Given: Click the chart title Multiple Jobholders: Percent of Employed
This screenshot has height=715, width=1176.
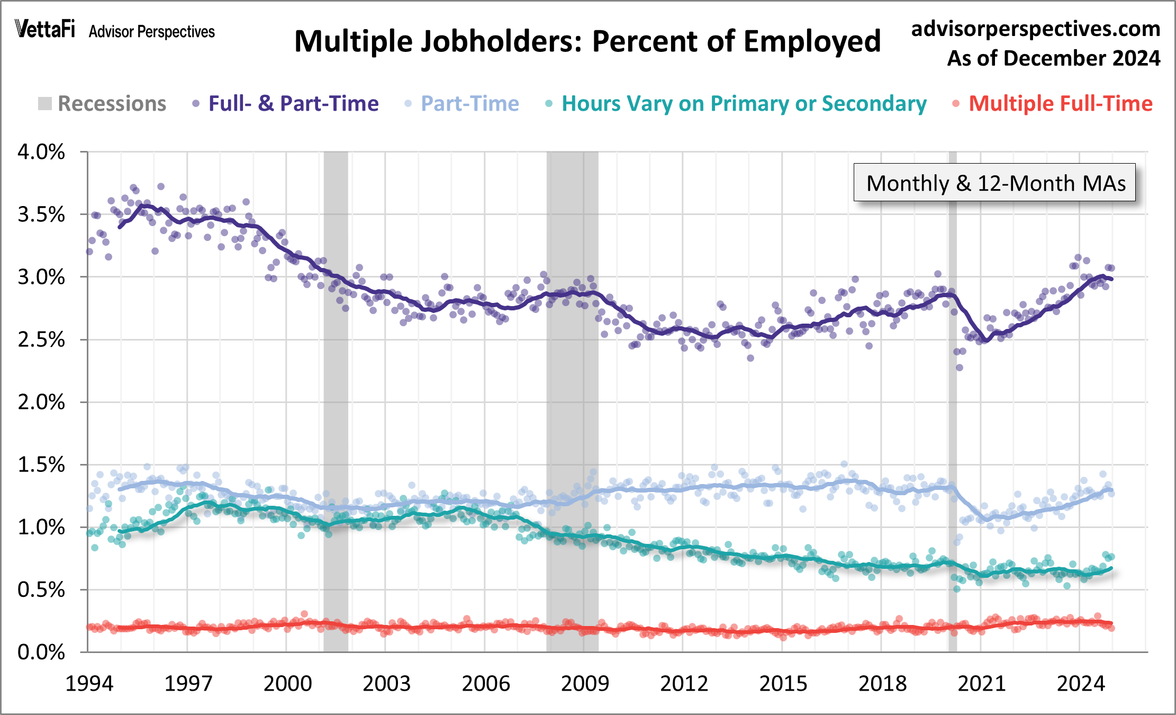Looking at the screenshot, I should tap(587, 41).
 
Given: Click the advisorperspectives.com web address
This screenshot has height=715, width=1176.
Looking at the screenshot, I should tap(1035, 29).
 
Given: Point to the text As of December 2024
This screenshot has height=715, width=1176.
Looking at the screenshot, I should tap(1053, 58).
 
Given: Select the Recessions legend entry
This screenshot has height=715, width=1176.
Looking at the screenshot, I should tap(102, 104).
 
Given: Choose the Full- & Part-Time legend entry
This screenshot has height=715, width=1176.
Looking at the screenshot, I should tap(285, 104).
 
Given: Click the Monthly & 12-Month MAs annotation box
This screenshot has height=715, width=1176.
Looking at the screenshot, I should tap(994, 183).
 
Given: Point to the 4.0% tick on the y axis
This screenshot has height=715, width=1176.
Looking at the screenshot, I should tap(41, 152).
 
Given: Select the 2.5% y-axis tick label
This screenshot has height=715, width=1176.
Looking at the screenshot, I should tap(41, 339).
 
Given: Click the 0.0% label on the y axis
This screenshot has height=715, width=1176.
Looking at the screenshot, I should tap(41, 652).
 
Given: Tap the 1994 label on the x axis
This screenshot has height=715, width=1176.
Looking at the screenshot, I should tap(89, 684).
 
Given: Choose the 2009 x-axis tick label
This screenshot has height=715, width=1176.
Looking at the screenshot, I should tap(584, 684).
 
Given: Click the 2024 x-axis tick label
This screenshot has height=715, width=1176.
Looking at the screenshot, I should tap(1080, 684).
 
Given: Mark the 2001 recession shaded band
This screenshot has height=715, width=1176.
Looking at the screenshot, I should tap(336, 403).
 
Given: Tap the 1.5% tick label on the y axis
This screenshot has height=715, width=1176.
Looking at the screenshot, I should tap(41, 464).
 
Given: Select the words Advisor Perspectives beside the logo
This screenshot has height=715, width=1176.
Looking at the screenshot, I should tap(152, 32).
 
